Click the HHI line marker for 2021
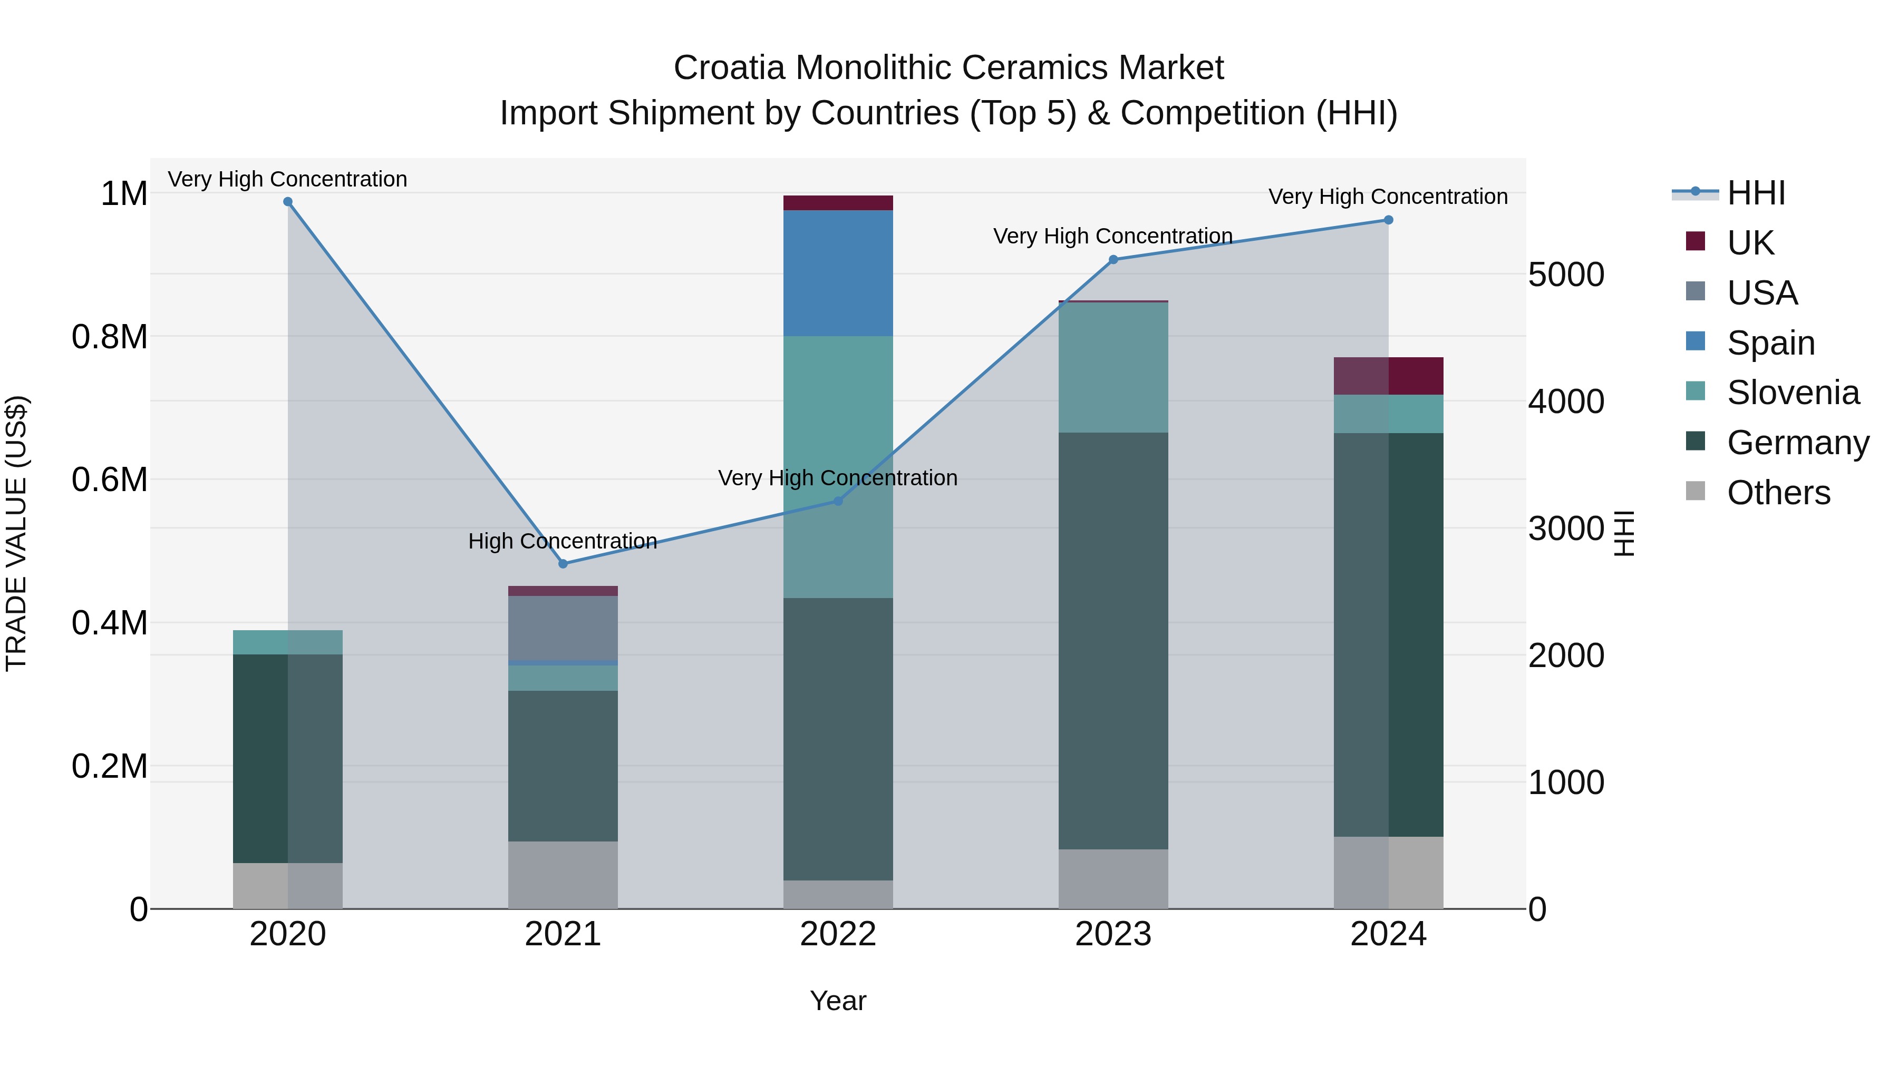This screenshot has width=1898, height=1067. click(563, 564)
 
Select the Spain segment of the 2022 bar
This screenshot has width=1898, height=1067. click(838, 273)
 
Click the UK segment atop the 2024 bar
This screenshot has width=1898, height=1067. click(1388, 376)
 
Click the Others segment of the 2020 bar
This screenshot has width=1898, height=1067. click(287, 885)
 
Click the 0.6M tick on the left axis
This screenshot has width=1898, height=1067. click(109, 480)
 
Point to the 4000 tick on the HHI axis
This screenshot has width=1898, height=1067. click(1566, 402)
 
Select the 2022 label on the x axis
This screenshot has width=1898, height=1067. click(838, 934)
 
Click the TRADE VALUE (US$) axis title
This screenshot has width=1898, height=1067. click(16, 533)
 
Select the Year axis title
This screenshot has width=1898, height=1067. click(838, 1001)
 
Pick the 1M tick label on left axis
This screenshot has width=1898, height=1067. click(124, 194)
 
